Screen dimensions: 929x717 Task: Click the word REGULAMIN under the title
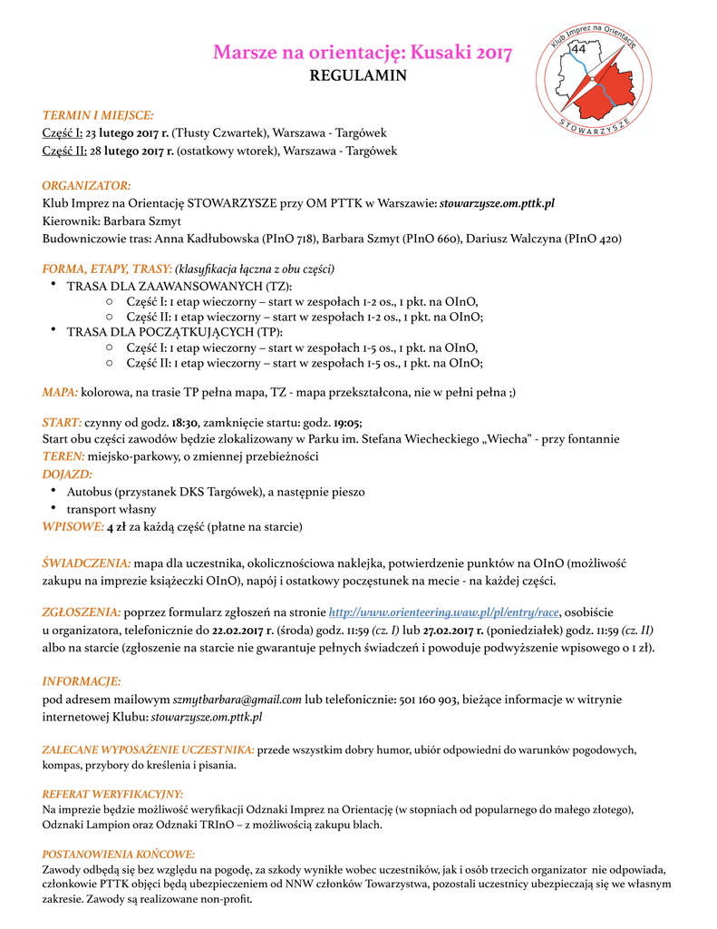pyautogui.click(x=358, y=75)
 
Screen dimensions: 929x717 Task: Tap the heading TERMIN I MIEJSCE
pyautogui.click(x=98, y=115)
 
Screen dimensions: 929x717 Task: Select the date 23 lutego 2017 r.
pyautogui.click(x=127, y=133)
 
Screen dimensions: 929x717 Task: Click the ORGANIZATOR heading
pyautogui.click(x=87, y=185)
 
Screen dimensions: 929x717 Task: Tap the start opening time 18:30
pyautogui.click(x=186, y=422)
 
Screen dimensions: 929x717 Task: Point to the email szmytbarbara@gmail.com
pyautogui.click(x=237, y=699)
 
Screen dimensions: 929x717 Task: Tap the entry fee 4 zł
pyautogui.click(x=116, y=526)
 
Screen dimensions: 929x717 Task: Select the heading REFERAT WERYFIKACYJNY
pyautogui.click(x=113, y=794)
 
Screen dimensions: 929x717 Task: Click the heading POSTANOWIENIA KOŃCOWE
pyautogui.click(x=119, y=854)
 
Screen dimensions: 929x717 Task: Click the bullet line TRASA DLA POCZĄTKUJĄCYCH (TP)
pyautogui.click(x=168, y=332)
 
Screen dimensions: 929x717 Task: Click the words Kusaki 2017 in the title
pyautogui.click(x=461, y=52)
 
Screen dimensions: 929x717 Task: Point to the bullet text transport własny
pyautogui.click(x=111, y=509)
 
